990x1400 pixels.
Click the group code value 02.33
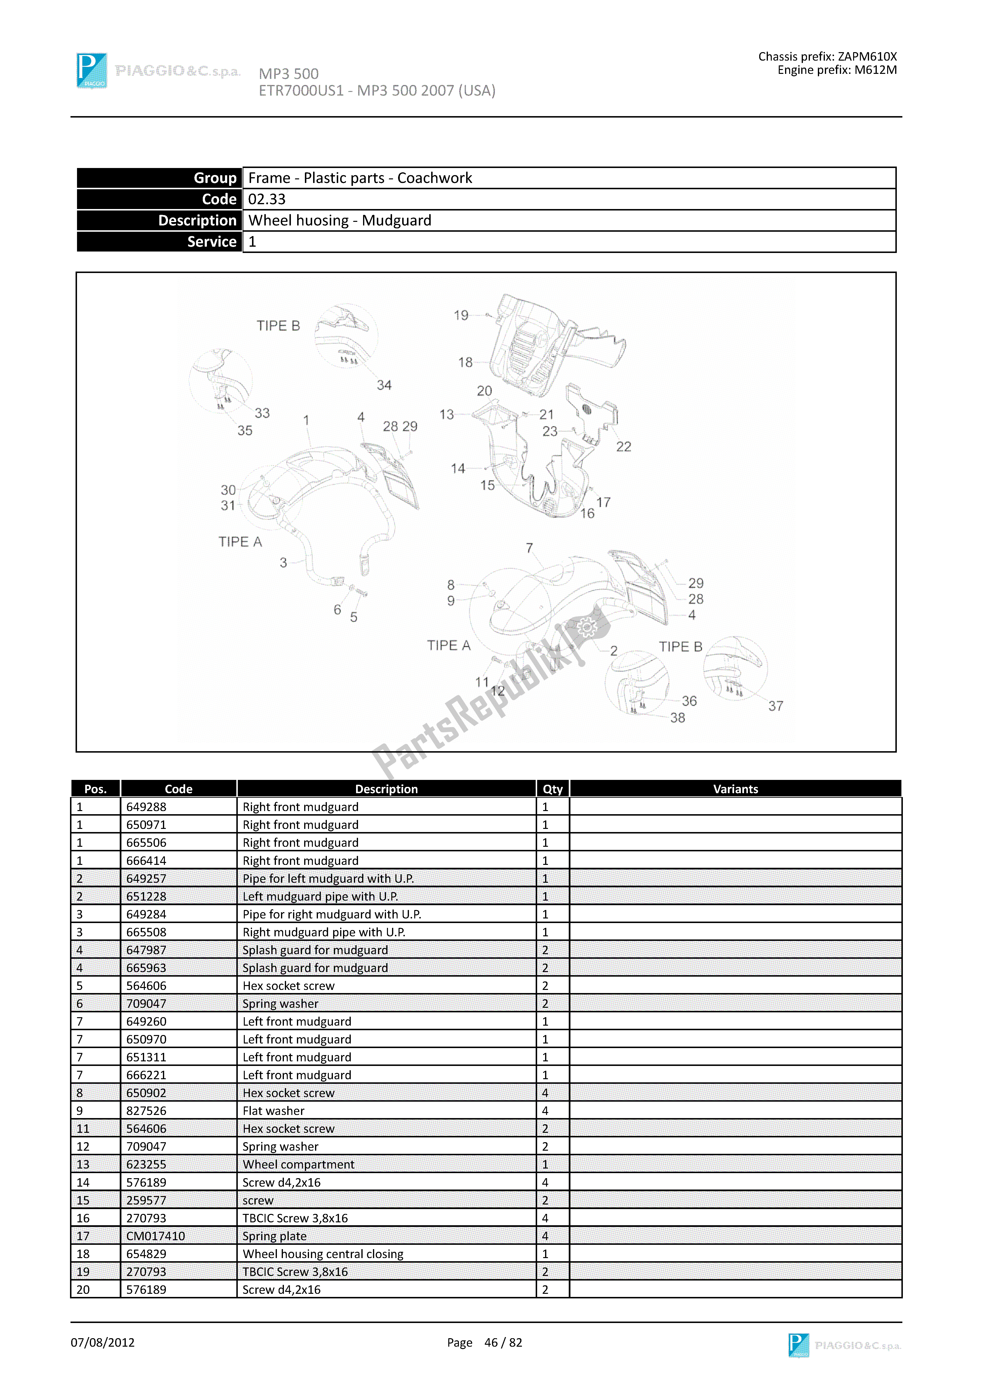click(x=267, y=199)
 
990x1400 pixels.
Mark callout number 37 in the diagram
click(x=775, y=706)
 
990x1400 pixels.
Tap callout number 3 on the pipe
click(x=283, y=563)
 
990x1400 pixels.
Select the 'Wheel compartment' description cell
click(x=298, y=1165)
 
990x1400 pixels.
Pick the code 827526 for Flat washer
click(x=146, y=1111)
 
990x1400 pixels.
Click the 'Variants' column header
click(x=735, y=789)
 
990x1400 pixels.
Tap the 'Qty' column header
click(x=553, y=789)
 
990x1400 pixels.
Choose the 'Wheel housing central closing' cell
click(x=323, y=1254)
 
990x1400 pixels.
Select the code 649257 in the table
click(x=146, y=879)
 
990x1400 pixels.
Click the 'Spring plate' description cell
click(x=274, y=1236)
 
